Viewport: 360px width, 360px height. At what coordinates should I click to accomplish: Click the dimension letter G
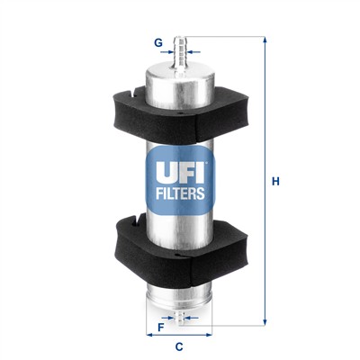pos(158,41)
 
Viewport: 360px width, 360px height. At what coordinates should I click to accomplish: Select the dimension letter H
pos(276,182)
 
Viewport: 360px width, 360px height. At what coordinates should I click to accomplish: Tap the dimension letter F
pos(160,327)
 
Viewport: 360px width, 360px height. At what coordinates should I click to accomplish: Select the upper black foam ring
pos(179,105)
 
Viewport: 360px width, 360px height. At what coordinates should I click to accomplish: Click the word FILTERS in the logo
pos(179,193)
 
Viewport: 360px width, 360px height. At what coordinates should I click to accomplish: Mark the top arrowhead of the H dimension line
pos(264,40)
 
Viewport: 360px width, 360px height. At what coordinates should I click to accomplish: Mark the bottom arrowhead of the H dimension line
pos(264,321)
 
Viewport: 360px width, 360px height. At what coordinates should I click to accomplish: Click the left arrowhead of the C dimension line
pos(149,334)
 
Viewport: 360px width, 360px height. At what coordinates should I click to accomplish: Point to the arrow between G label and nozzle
pos(169,52)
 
